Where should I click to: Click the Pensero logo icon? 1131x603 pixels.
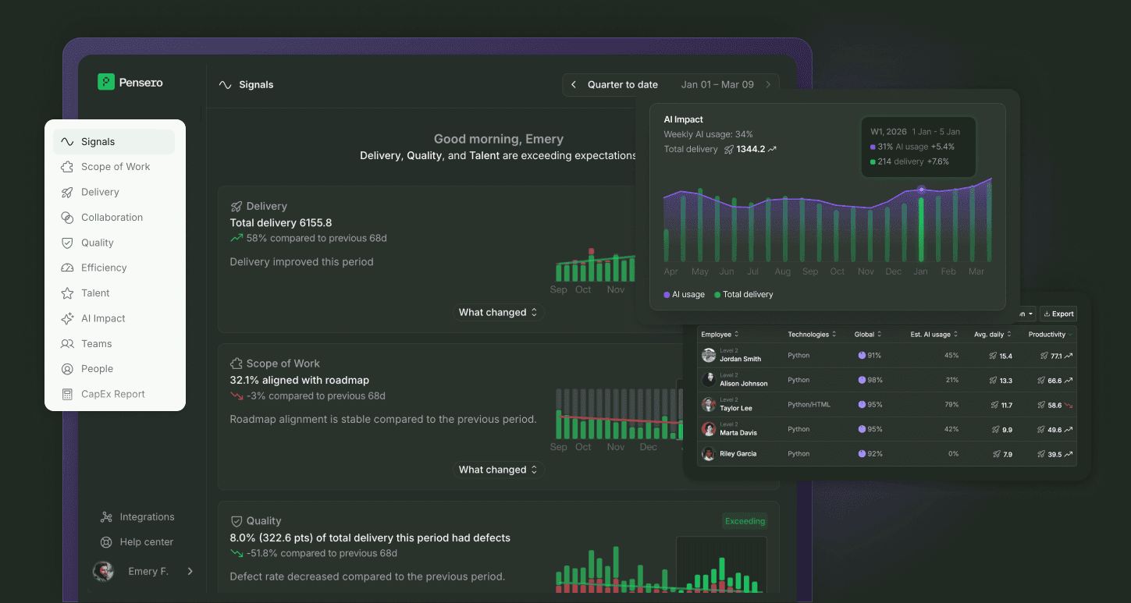coord(106,82)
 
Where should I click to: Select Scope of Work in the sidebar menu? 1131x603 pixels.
coord(116,167)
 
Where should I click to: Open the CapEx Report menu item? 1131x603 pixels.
coord(113,394)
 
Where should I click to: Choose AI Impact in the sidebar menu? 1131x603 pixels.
coord(103,318)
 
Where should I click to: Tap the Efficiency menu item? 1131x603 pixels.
coord(104,268)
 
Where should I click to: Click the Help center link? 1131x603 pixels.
coord(146,542)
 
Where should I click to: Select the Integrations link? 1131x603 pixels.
coord(147,517)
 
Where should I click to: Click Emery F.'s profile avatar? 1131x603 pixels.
coord(103,572)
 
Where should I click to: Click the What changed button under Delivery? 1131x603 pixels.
coord(498,312)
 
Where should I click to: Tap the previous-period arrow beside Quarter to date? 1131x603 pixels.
coord(574,85)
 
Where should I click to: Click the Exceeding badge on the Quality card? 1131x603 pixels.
coord(745,521)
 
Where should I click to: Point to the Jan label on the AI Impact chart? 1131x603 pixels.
coord(921,271)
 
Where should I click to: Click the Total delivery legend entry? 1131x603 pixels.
coord(747,295)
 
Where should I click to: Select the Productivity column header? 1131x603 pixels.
coord(1047,335)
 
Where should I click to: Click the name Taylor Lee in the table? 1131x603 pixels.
coord(735,408)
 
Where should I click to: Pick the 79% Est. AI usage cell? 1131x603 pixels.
coord(951,405)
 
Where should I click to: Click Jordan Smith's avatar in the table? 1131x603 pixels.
coord(709,356)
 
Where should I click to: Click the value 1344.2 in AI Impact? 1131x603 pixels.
coord(750,149)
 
